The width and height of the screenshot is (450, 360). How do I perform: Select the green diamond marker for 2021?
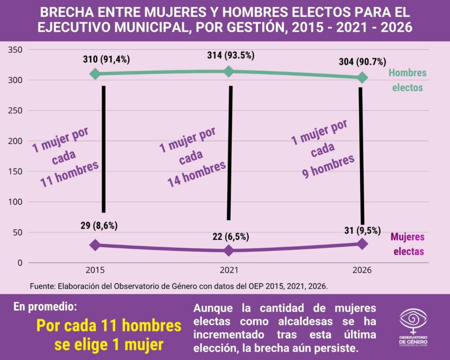coord(229,72)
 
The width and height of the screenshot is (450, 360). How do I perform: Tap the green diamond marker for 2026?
coord(362,77)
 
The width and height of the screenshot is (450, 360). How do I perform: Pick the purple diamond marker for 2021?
coord(229,251)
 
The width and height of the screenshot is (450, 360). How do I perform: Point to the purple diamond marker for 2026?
coord(362,244)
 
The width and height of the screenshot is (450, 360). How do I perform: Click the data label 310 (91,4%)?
coord(107,59)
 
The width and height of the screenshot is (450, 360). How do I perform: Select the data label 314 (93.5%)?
coord(231,55)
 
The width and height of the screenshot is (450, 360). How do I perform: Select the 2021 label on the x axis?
coord(229,270)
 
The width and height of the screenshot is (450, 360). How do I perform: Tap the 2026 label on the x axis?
coord(362,270)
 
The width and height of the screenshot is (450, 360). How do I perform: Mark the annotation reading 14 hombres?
coord(197,174)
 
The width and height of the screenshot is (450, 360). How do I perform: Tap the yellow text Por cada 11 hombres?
coord(109,326)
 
